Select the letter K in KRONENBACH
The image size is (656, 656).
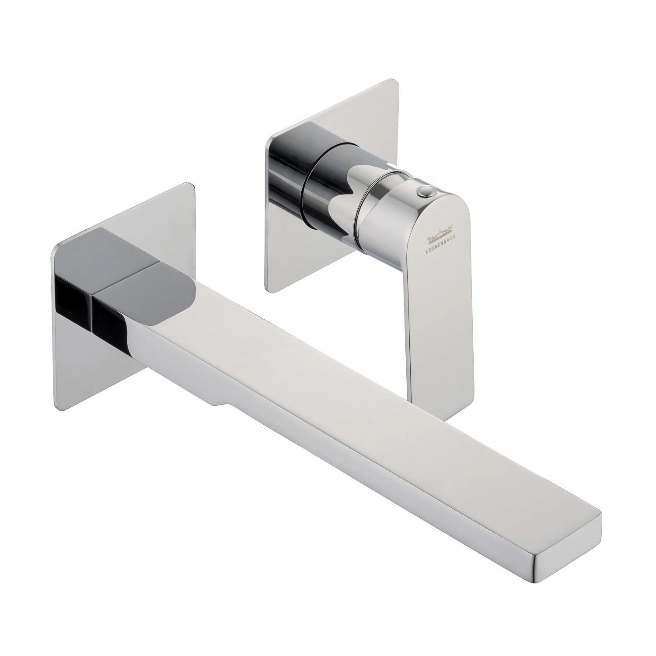pyautogui.click(x=429, y=247)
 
